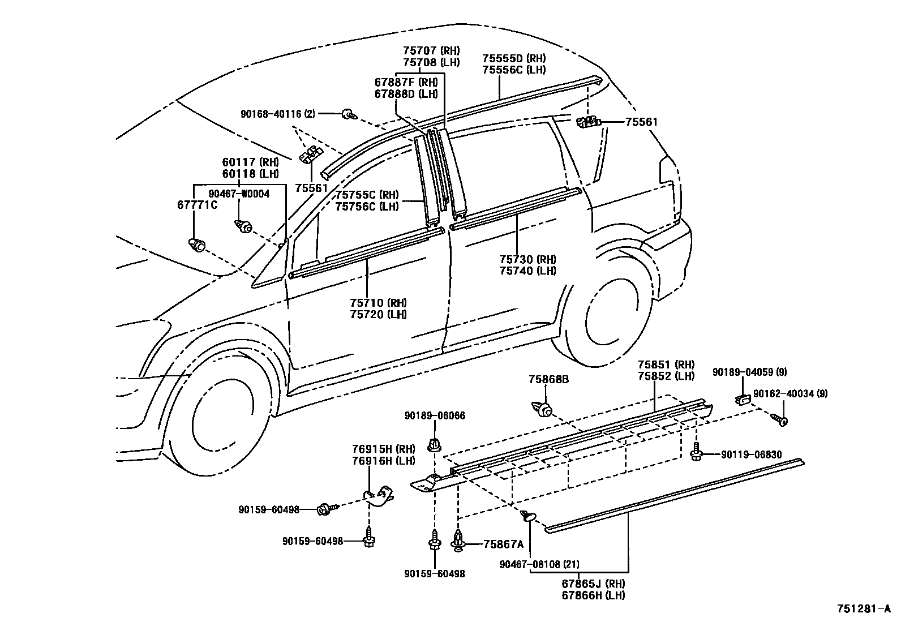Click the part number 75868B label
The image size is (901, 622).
click(548, 379)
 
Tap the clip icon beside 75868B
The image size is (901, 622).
click(542, 408)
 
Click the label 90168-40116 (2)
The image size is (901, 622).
click(277, 114)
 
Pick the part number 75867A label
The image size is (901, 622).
click(504, 544)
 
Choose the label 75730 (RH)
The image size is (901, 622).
click(527, 259)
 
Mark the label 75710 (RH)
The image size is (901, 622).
click(378, 303)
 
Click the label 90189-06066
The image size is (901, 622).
click(435, 415)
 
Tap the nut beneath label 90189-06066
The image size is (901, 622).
click(435, 444)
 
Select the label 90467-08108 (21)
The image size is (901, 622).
click(539, 564)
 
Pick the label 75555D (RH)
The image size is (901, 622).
click(514, 58)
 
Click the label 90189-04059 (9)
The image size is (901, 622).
click(749, 372)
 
